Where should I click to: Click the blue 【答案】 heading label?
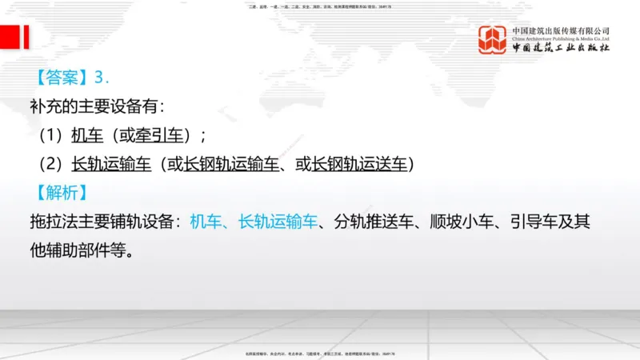click(x=62, y=78)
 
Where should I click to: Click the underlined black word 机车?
click(x=87, y=135)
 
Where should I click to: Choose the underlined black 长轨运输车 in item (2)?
click(x=111, y=165)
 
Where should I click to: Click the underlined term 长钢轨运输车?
click(x=232, y=165)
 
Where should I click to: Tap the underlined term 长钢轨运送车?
click(x=359, y=165)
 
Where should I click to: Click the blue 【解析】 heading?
click(x=62, y=193)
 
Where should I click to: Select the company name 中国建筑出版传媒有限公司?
click(x=561, y=30)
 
